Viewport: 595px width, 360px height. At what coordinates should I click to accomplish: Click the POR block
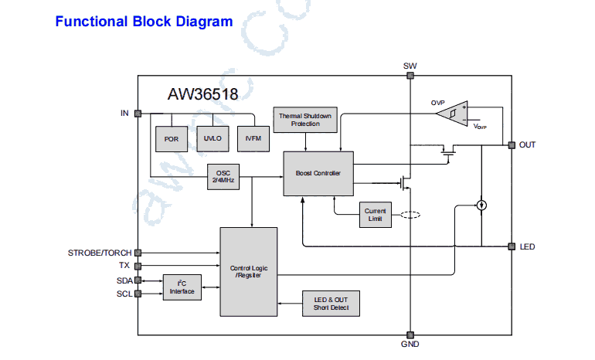click(x=172, y=138)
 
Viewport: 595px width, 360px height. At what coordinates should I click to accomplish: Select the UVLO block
click(x=212, y=138)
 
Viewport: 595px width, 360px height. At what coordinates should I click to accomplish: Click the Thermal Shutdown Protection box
click(x=305, y=119)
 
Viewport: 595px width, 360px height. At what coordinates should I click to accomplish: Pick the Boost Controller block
click(x=318, y=173)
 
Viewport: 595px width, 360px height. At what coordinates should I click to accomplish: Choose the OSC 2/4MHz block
click(x=223, y=177)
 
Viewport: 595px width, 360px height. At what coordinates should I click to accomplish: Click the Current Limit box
click(x=376, y=216)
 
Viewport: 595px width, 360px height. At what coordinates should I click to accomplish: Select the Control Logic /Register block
click(x=249, y=272)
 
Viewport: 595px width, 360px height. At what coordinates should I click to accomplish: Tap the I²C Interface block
click(x=182, y=287)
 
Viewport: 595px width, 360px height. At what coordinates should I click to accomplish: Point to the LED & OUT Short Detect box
click(x=331, y=304)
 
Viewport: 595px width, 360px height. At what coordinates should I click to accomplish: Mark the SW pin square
click(x=410, y=76)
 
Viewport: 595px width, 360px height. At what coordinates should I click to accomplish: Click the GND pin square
click(x=410, y=335)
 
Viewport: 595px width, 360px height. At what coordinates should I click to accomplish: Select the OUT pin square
click(x=511, y=144)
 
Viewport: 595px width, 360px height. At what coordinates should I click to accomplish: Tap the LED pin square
click(x=511, y=246)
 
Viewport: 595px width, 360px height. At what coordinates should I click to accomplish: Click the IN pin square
click(x=138, y=113)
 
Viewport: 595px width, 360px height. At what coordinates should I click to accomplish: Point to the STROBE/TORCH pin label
click(x=100, y=253)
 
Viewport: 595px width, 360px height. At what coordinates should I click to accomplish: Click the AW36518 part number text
click(x=202, y=94)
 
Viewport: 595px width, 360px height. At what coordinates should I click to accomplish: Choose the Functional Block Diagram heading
click(x=144, y=22)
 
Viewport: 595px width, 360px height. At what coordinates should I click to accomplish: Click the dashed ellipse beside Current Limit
click(x=410, y=216)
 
